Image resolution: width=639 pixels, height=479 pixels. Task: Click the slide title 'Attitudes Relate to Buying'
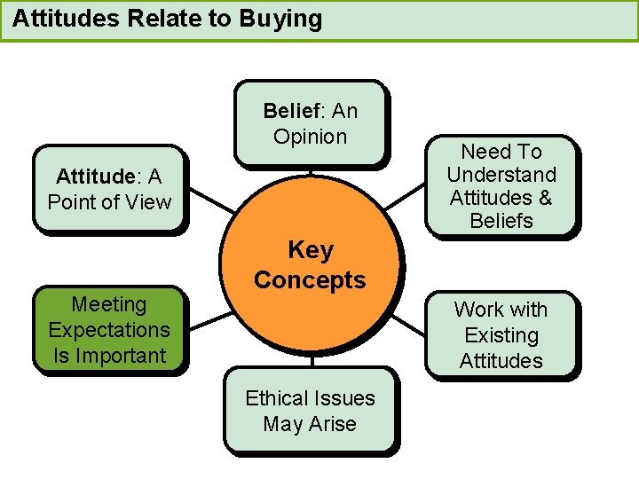[168, 19]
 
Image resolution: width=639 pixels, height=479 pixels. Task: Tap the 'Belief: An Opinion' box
[310, 123]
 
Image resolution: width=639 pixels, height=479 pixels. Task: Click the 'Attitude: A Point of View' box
[109, 189]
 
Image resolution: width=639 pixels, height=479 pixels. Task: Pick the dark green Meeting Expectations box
[109, 329]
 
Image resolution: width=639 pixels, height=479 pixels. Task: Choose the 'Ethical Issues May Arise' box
[310, 411]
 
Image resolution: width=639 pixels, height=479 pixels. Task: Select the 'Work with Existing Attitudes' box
[501, 334]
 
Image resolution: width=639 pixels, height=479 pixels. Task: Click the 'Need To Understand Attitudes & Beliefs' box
[501, 186]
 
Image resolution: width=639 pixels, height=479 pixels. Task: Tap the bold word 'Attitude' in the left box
[92, 177]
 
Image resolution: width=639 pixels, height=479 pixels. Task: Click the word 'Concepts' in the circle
[310, 280]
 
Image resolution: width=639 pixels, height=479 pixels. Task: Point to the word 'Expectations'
[109, 330]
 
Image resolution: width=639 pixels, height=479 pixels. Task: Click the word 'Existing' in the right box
[501, 335]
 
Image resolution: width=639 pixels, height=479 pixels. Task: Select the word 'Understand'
[501, 175]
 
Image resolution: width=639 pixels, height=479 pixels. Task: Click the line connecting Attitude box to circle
[210, 199]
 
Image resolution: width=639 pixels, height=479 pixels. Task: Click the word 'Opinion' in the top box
[310, 137]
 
